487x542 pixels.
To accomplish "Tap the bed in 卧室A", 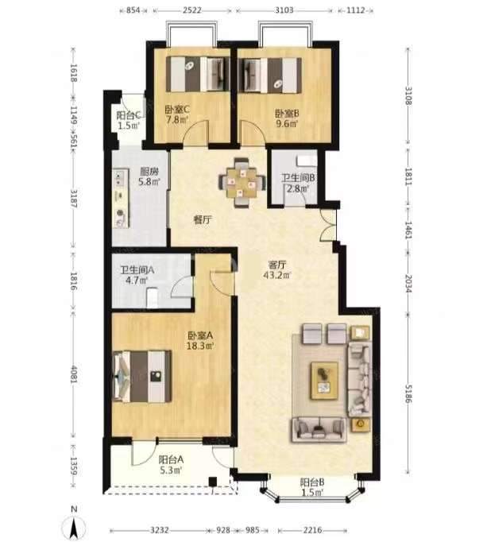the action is click(142, 377).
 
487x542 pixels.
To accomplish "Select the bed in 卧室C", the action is click(197, 75).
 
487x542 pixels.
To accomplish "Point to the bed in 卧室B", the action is click(269, 75).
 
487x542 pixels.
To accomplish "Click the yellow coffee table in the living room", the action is click(324, 381).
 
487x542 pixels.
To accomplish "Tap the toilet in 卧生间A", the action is click(152, 298).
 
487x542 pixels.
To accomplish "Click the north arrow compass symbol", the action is click(74, 524).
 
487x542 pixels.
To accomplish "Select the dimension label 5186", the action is click(408, 393).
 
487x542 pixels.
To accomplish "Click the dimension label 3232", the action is click(160, 530).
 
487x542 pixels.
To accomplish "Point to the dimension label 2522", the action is click(191, 10).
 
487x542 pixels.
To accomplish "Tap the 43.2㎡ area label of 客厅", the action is click(277, 276).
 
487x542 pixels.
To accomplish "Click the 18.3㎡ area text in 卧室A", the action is click(200, 346).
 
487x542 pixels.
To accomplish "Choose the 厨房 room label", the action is click(149, 171).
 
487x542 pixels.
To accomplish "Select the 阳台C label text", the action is click(128, 115).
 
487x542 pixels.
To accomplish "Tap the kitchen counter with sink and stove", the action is click(120, 198).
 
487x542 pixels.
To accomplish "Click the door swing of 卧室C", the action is click(196, 131).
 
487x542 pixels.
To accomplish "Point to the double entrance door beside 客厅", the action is click(327, 225).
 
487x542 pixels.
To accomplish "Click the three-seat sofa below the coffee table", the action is click(319, 430).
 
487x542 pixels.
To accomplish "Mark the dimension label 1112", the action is click(355, 10).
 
